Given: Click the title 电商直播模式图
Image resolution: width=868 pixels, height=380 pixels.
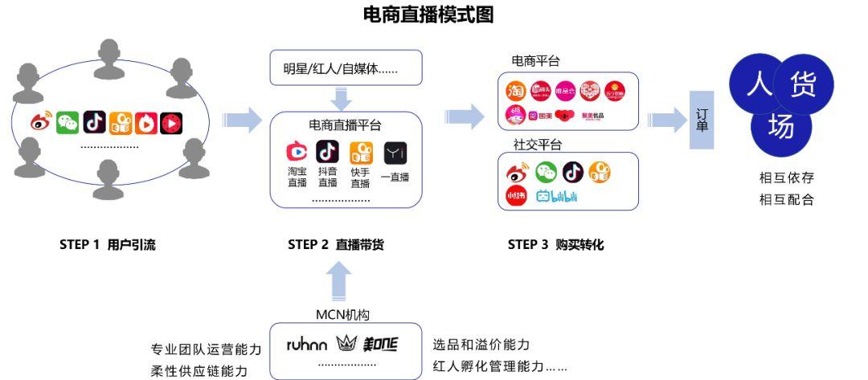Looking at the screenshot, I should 428,14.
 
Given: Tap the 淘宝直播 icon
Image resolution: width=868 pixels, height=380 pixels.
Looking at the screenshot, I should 297,152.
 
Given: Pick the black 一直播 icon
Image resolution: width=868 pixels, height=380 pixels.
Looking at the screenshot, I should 395,152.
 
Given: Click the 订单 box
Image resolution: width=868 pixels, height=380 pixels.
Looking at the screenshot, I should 702,121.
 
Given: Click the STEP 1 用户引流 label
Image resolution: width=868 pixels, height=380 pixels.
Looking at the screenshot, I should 108,245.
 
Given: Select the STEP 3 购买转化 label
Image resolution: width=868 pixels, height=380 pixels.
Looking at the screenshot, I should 555,245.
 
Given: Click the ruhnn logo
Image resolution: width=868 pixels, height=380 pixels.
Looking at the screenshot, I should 307,345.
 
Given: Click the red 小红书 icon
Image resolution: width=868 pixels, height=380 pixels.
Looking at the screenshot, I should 516,196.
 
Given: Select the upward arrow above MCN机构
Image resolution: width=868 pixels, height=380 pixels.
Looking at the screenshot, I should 341,283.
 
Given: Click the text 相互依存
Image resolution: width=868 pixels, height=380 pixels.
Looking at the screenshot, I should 786,178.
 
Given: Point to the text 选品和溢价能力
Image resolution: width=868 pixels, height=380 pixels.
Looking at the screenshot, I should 481,345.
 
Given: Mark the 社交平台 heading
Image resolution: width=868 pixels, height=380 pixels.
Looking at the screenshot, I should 537,145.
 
